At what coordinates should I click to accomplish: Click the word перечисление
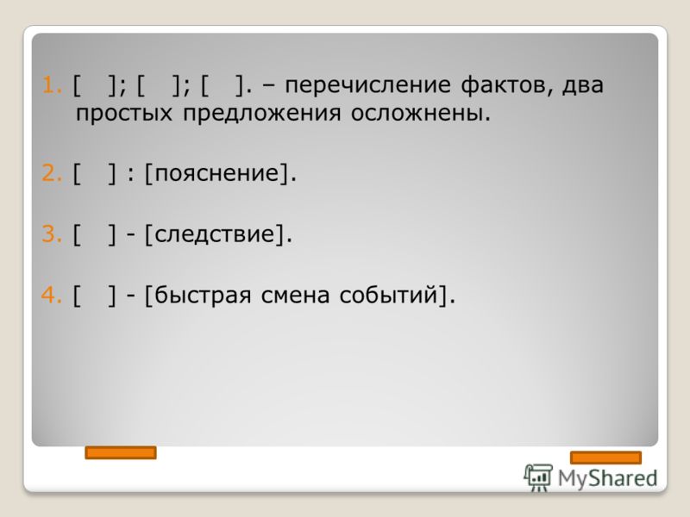[x=368, y=85]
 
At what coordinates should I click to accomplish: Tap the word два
[x=583, y=85]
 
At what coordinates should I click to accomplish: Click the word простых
[x=124, y=114]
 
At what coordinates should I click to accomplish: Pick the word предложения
[x=262, y=114]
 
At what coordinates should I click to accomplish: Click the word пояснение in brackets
[x=217, y=173]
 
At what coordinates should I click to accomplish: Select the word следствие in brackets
[x=215, y=234]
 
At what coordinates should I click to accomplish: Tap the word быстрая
[x=203, y=295]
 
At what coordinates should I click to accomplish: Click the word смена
[x=295, y=295]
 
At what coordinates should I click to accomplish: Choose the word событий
[x=390, y=294]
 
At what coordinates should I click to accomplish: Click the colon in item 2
[x=130, y=174]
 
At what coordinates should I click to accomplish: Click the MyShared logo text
[x=608, y=478]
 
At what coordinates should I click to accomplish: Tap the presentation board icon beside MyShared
[x=538, y=477]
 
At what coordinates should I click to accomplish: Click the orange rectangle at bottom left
[x=121, y=452]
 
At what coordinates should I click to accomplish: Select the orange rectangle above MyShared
[x=606, y=458]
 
